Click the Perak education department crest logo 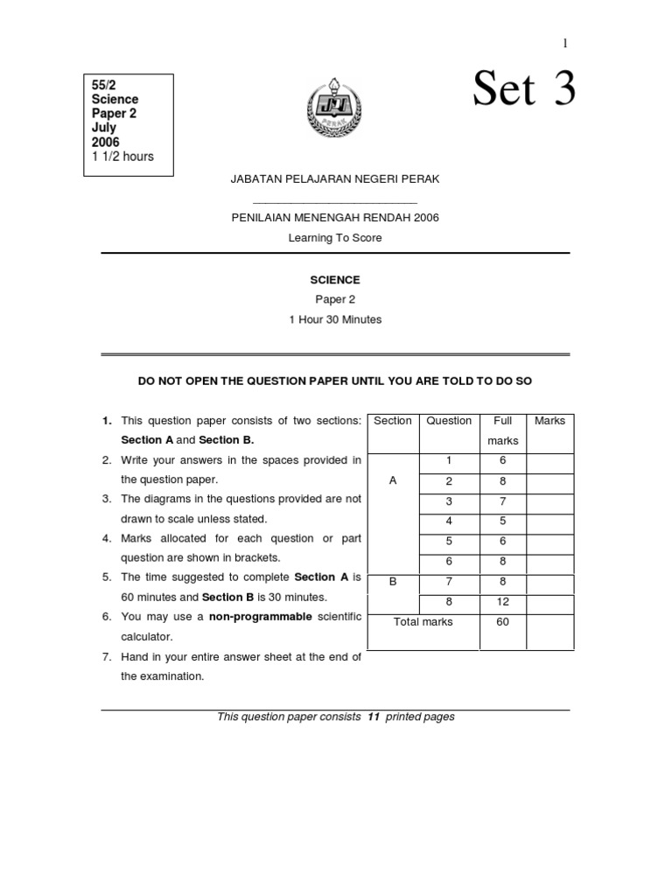click(333, 114)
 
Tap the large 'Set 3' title click(524, 89)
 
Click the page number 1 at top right click(565, 43)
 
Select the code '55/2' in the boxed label click(104, 85)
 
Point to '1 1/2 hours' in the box click(122, 157)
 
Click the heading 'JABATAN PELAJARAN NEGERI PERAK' click(334, 178)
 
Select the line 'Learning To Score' click(335, 238)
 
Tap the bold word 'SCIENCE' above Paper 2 click(335, 280)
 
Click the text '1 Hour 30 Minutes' click(335, 319)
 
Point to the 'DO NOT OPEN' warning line click(335, 381)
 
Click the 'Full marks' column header click(502, 430)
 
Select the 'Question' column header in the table click(449, 421)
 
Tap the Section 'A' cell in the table click(393, 480)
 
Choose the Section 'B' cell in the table click(393, 581)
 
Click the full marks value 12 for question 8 click(502, 602)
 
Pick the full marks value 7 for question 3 click(502, 501)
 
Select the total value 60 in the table click(502, 622)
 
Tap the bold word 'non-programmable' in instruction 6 click(260, 617)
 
